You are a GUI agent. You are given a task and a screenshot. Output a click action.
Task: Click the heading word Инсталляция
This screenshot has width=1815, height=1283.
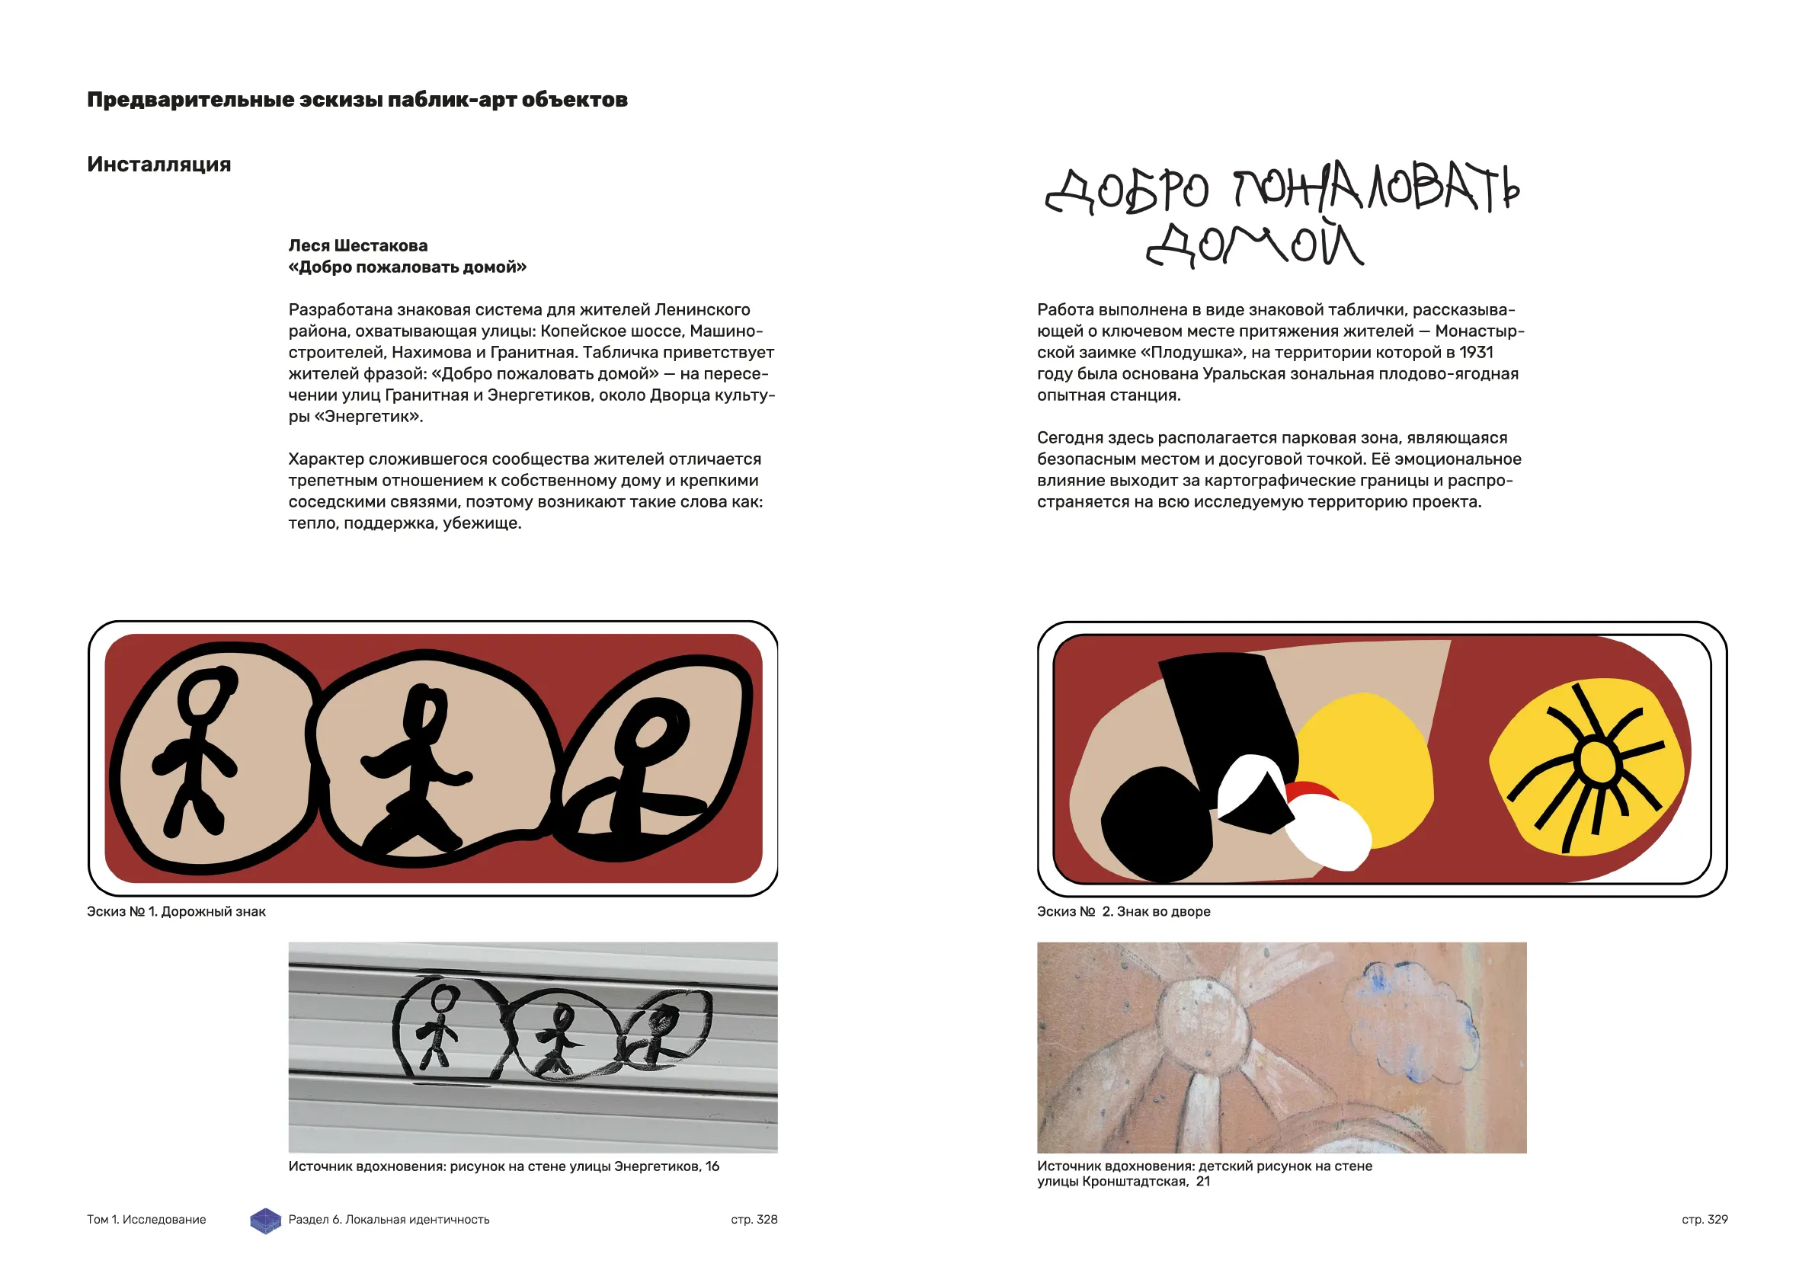159,165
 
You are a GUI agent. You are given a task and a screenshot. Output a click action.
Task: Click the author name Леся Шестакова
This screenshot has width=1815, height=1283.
357,246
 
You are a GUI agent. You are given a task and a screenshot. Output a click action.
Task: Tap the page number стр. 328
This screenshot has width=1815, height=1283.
754,1219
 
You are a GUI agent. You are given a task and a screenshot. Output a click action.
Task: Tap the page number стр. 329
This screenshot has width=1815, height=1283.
1705,1219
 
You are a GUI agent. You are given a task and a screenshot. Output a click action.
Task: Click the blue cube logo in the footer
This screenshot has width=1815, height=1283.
266,1220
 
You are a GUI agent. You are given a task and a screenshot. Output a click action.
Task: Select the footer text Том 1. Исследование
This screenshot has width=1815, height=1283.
146,1219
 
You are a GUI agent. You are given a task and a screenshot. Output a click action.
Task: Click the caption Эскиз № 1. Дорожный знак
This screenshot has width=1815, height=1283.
176,911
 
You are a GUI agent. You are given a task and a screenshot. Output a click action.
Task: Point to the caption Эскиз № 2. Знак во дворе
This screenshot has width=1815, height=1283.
1123,911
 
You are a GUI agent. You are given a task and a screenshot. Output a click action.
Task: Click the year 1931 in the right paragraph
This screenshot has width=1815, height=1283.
1476,353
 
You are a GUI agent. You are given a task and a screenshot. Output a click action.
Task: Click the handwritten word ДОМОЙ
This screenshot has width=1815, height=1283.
1254,245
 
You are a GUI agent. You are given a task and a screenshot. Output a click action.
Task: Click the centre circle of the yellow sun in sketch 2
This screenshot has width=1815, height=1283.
1597,761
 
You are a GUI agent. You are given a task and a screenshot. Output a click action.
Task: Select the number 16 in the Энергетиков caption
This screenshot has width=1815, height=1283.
712,1166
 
